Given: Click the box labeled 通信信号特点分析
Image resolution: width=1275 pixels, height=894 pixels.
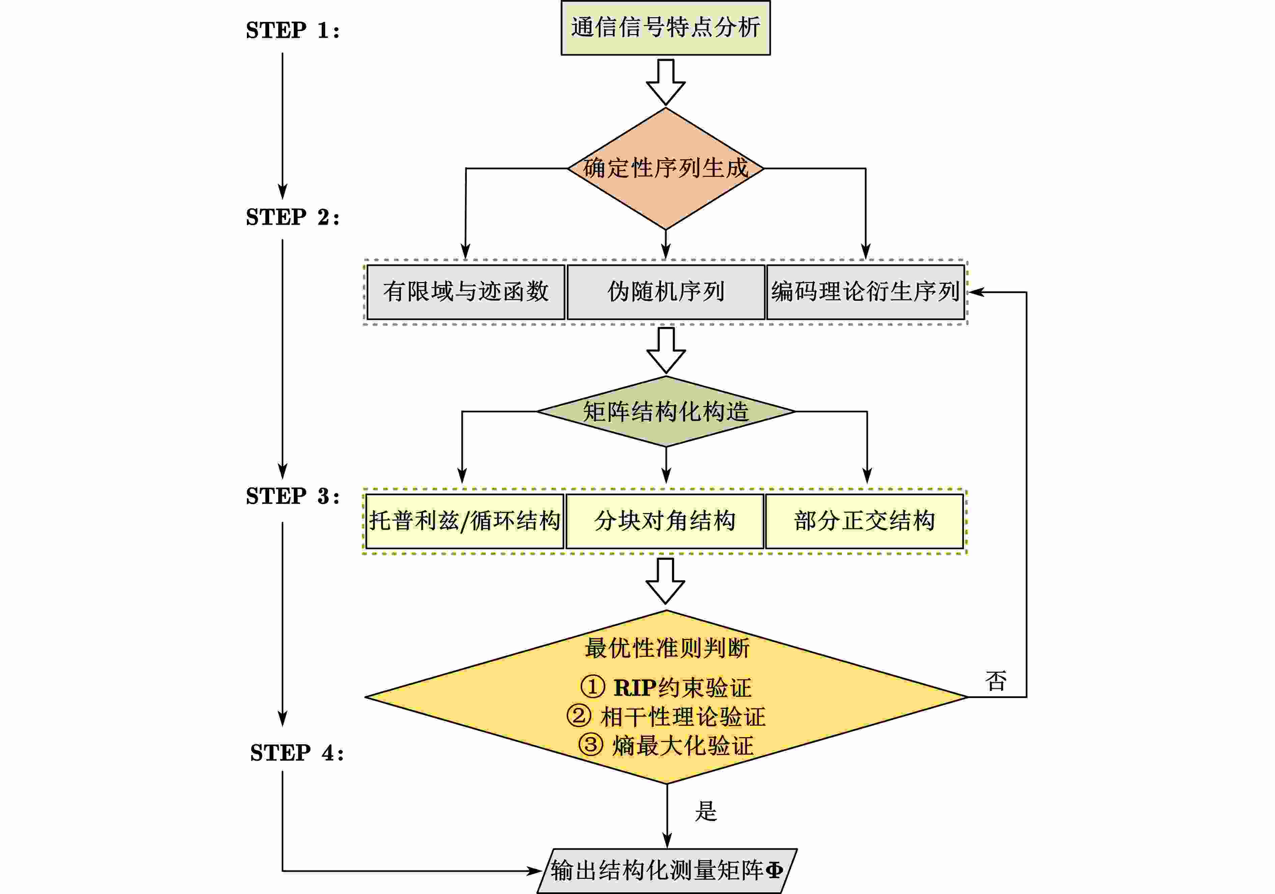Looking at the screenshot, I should [665, 28].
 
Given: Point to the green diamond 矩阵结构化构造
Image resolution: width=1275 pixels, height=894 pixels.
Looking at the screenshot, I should [665, 412].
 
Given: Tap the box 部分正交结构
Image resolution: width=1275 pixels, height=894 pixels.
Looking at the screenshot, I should [864, 521].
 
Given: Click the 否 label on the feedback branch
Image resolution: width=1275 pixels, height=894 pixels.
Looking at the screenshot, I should [996, 681].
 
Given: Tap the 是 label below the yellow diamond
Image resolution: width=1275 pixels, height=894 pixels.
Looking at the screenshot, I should [706, 811].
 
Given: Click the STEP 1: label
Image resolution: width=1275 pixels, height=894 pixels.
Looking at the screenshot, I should [293, 31].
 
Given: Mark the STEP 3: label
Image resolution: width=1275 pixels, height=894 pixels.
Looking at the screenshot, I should [293, 496].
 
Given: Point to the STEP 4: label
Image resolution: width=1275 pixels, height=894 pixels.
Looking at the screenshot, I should [296, 753].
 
